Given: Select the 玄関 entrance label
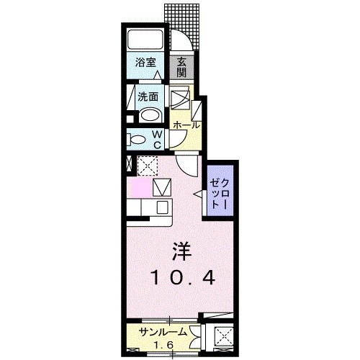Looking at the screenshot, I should pos(182,67).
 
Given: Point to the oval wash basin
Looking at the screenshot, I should pos(150,115).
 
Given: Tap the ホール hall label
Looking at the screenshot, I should pos(185,125).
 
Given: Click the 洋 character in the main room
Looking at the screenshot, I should pos(180,252).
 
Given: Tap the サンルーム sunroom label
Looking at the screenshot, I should pos(165,333).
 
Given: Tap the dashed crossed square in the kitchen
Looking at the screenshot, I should pos(148,166).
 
